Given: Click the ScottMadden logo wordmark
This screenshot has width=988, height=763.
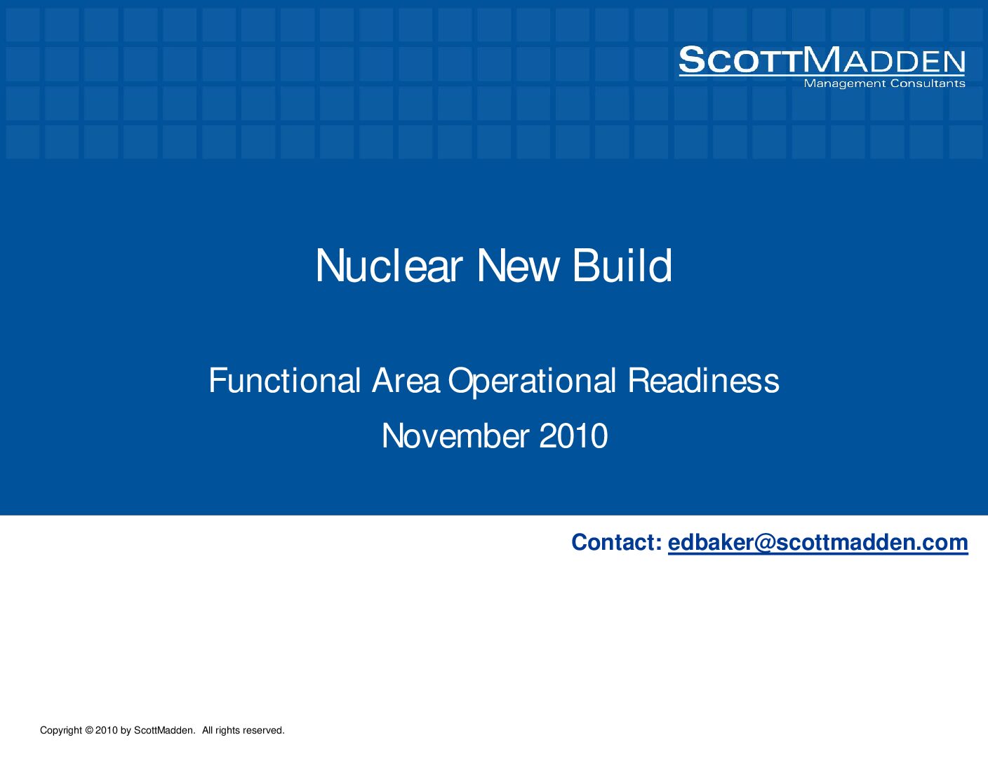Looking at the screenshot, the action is tap(822, 60).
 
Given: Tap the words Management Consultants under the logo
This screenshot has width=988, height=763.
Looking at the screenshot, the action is tap(884, 83).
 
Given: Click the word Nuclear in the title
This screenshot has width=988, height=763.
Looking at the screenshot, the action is tap(389, 266).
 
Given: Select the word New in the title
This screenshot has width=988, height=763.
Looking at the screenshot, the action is tap(517, 266).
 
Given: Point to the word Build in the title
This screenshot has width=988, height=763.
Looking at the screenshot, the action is tap(622, 266).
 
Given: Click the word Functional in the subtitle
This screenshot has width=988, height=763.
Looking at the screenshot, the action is tap(285, 380).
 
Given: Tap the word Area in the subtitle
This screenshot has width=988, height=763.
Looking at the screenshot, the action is tap(406, 381).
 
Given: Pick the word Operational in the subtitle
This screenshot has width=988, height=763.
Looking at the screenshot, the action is tap(532, 381).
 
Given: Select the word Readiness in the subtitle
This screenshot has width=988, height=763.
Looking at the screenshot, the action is tap(703, 380).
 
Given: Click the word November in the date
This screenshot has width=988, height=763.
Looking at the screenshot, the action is tap(455, 435).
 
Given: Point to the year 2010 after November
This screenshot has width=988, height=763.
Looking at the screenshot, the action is tap(573, 435).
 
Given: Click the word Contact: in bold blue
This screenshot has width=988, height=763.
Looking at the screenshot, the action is tap(617, 542).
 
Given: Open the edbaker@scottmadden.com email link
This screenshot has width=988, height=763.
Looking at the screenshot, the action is tap(818, 543).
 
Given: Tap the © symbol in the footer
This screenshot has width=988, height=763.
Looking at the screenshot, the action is tap(89, 730).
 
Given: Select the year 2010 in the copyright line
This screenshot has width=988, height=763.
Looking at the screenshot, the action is tap(107, 730).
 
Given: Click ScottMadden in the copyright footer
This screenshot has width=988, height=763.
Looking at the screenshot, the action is tap(165, 730).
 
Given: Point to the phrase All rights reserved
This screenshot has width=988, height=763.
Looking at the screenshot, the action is tap(243, 730).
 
